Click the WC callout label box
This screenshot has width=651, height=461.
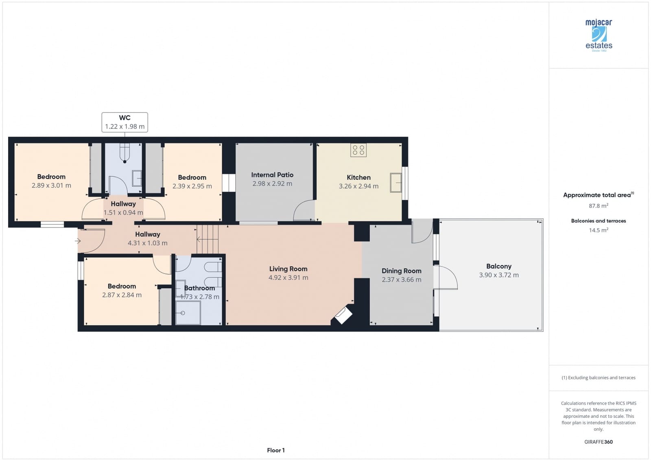[x=125, y=122]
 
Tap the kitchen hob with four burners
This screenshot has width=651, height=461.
[x=358, y=150]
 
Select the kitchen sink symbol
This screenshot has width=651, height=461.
[x=396, y=182]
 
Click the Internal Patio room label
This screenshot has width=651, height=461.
[x=272, y=175]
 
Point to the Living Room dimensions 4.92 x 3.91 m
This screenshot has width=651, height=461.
[x=288, y=278]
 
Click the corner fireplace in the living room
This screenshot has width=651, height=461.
[x=343, y=315]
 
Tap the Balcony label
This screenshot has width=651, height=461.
[x=498, y=266]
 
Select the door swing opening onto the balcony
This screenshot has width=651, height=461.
[x=446, y=278]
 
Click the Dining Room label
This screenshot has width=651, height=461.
[x=401, y=271]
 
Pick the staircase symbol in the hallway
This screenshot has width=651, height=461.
[x=208, y=239]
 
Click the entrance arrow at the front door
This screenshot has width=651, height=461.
[x=78, y=241]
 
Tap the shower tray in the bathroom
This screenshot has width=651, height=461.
[x=188, y=313]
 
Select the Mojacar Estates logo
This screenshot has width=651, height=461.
[x=599, y=35]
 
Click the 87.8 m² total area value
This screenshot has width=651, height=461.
[x=599, y=206]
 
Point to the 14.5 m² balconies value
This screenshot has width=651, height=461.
[x=599, y=230]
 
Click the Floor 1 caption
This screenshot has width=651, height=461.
[x=276, y=450]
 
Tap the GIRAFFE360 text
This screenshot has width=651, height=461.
[x=599, y=442]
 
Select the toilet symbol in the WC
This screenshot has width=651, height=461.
[x=125, y=153]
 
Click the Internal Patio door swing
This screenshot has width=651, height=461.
[x=304, y=211]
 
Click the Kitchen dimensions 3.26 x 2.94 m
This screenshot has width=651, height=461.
[x=358, y=186]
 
